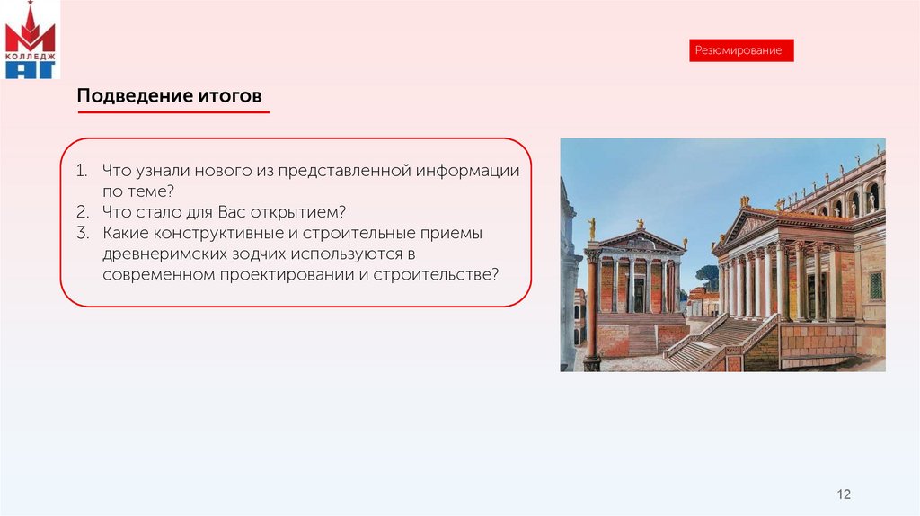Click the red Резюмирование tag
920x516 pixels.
pyautogui.click(x=741, y=50)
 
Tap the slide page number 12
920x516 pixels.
pyautogui.click(x=844, y=494)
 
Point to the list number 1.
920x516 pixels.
pyautogui.click(x=82, y=171)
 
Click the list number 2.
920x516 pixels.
pyautogui.click(x=82, y=212)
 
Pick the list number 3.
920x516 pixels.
pyautogui.click(x=82, y=233)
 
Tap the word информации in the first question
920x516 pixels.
pyautogui.click(x=467, y=172)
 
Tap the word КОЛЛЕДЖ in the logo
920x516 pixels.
pyautogui.click(x=30, y=57)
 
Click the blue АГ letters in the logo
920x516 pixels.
pyautogui.click(x=30, y=70)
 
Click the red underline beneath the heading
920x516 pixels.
pyautogui.click(x=173, y=111)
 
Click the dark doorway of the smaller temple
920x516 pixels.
pyautogui.click(x=639, y=295)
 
